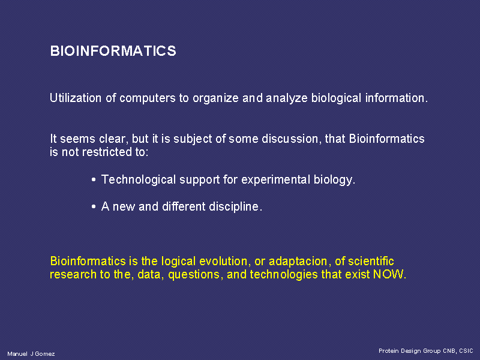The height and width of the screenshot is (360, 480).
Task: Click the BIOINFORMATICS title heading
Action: (x=113, y=51)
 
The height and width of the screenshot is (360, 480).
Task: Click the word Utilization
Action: (x=76, y=98)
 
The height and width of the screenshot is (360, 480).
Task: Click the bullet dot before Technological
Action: (x=94, y=179)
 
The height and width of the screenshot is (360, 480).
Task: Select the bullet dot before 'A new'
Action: (x=94, y=207)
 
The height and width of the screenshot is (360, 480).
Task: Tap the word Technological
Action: (x=139, y=180)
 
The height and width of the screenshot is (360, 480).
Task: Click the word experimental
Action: (x=276, y=180)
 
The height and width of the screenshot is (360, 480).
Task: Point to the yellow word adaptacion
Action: (x=298, y=262)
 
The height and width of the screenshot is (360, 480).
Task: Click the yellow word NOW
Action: (x=388, y=274)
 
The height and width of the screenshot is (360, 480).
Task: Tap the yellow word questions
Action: (x=194, y=275)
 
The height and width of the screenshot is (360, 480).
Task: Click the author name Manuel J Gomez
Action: (x=31, y=354)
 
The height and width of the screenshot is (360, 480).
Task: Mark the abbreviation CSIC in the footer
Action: (x=466, y=351)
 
